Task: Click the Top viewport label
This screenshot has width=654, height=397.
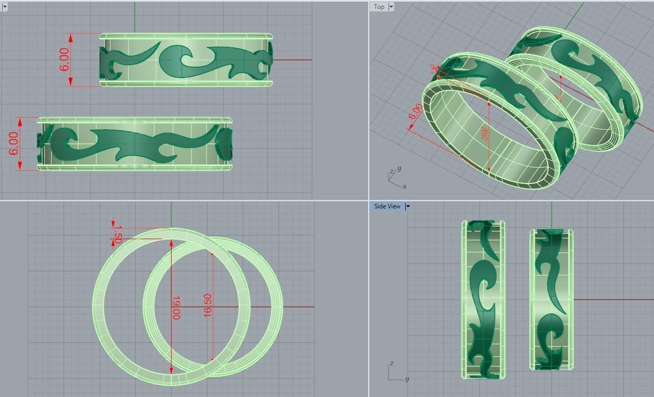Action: click(x=379, y=7)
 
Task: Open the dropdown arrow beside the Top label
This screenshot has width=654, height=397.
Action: click(x=391, y=7)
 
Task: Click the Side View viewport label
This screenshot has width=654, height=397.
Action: click(x=387, y=206)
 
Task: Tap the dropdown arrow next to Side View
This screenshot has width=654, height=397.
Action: click(x=408, y=206)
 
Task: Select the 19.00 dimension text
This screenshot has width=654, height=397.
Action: click(x=176, y=308)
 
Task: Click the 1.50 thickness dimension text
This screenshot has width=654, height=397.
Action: click(x=117, y=234)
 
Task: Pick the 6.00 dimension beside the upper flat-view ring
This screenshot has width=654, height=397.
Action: click(x=64, y=59)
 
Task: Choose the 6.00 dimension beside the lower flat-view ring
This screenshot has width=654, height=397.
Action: click(x=14, y=143)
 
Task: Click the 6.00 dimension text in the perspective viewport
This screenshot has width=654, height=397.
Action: click(x=416, y=112)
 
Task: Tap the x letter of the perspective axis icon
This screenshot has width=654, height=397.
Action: click(x=404, y=186)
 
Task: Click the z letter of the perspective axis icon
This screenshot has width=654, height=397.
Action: click(x=391, y=172)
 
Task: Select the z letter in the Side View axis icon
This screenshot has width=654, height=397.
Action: click(x=391, y=363)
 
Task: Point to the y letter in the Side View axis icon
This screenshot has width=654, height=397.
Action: click(x=407, y=379)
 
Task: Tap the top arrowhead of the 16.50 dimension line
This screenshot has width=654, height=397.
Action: click(x=212, y=254)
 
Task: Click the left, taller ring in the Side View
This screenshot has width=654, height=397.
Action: click(x=483, y=299)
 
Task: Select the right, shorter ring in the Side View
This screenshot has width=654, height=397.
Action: click(x=551, y=299)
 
